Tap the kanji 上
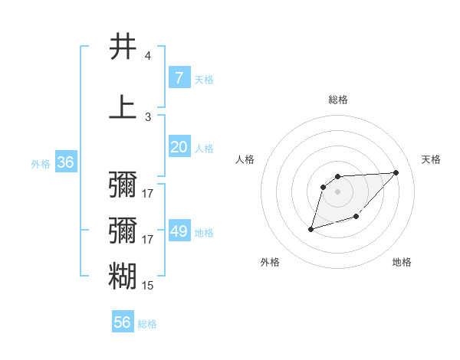(x=123, y=107)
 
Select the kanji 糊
(x=123, y=276)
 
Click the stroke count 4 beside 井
(x=148, y=56)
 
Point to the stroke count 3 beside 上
(x=148, y=117)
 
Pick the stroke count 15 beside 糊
(x=148, y=286)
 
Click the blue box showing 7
(x=179, y=78)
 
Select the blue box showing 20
(x=179, y=147)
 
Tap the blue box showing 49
(x=179, y=231)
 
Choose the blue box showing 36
(x=65, y=162)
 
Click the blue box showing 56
(x=123, y=322)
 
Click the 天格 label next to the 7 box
(x=204, y=79)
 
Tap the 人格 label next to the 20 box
(x=204, y=148)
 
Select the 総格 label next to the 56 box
(x=147, y=324)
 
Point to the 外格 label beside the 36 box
(x=41, y=163)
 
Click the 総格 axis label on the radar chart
(x=338, y=100)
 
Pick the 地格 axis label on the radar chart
(x=402, y=263)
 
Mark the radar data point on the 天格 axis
(x=396, y=172)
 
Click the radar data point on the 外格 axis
(x=310, y=229)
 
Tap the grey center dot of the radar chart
(x=338, y=191)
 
